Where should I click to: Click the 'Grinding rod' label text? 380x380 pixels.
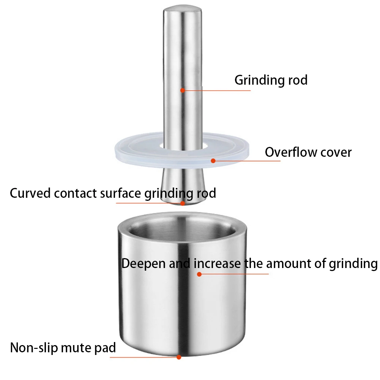pyautogui.click(x=271, y=80)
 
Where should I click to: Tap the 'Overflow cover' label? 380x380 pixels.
pyautogui.click(x=308, y=152)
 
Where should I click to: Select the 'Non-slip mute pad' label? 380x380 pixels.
pyautogui.click(x=63, y=348)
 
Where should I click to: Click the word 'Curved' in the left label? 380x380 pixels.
pyautogui.click(x=30, y=193)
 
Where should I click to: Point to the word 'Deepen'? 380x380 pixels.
pyautogui.click(x=143, y=264)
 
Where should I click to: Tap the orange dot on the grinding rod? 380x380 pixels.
pyautogui.click(x=183, y=90)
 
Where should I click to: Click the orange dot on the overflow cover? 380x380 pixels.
pyautogui.click(x=213, y=161)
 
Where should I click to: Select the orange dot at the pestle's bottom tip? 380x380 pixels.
pyautogui.click(x=183, y=203)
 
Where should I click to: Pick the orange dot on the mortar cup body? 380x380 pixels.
pyautogui.click(x=199, y=274)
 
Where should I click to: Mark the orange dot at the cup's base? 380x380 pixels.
pyautogui.click(x=179, y=357)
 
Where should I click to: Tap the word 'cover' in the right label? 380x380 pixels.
pyautogui.click(x=336, y=153)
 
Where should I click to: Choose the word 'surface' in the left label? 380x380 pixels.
pyautogui.click(x=120, y=193)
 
